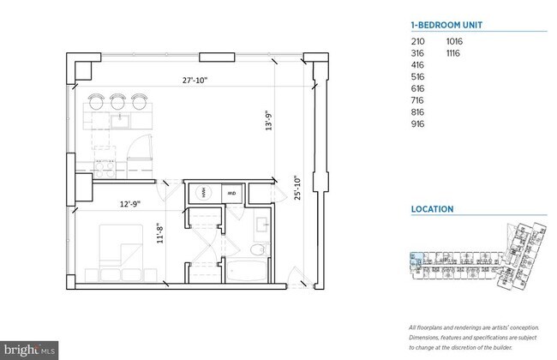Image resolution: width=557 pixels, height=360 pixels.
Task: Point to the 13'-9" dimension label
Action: [268, 121]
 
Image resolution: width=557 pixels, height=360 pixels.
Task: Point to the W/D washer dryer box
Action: [231, 194]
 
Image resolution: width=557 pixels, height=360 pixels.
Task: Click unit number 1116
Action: [455, 53]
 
